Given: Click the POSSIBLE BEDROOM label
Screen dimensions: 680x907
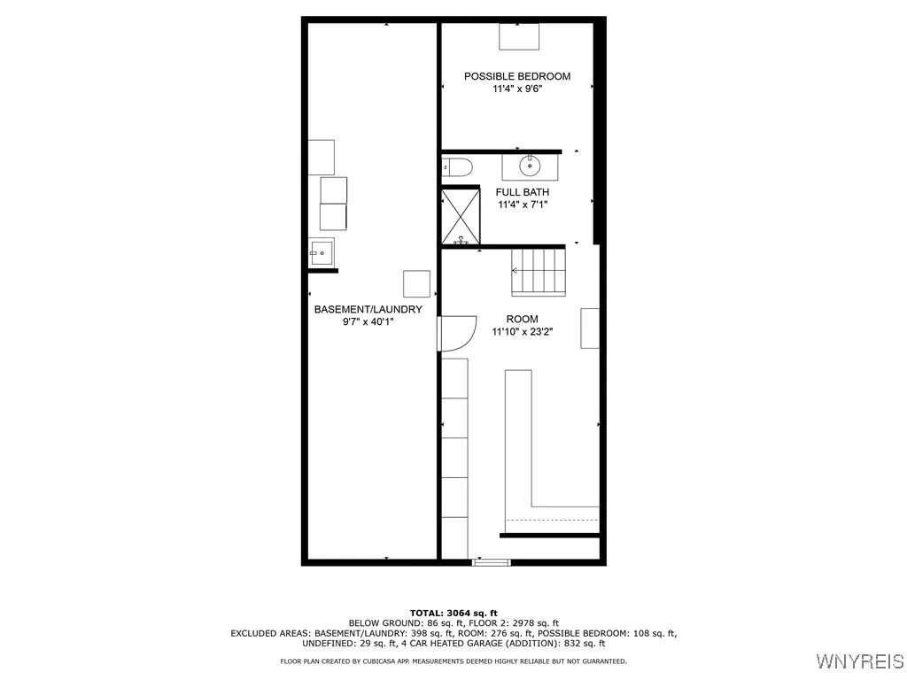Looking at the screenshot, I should point(517,76).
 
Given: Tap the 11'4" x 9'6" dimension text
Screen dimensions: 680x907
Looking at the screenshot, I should point(517,89).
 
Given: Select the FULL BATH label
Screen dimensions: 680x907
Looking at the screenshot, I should point(522,192).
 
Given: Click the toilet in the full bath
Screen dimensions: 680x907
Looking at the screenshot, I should point(459,166).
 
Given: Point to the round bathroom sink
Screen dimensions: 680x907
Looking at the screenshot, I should point(530,166).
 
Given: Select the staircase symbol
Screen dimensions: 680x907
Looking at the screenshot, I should point(538,271).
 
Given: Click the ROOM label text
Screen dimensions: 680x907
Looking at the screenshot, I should point(522,319).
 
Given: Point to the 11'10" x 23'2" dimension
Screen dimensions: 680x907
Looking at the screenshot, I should point(522,332).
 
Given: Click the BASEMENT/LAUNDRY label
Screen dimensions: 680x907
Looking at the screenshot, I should point(368,309).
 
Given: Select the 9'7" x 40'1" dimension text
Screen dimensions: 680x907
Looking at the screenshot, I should point(368,322).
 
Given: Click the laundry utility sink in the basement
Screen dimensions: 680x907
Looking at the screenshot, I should point(322,252).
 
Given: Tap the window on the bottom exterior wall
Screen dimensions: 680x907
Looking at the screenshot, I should point(492,561).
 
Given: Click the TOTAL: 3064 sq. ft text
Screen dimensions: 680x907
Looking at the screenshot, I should point(453,613).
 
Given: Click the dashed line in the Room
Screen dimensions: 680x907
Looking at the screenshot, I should point(552,520).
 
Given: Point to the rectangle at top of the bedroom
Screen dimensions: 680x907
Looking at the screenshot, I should point(518,36).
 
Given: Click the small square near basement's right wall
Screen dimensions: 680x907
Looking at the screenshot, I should point(416,283).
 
